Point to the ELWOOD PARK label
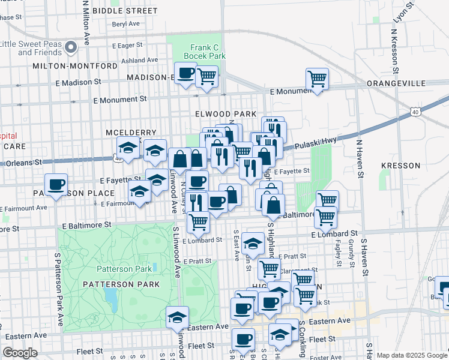point(225,114)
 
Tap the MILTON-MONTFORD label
point(76,66)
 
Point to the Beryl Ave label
point(126,24)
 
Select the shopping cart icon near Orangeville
point(316,79)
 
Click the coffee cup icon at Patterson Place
point(56,184)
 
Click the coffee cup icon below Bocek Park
point(185,73)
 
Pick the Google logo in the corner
point(20,353)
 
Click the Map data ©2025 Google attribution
point(412,355)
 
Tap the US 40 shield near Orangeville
point(415,112)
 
